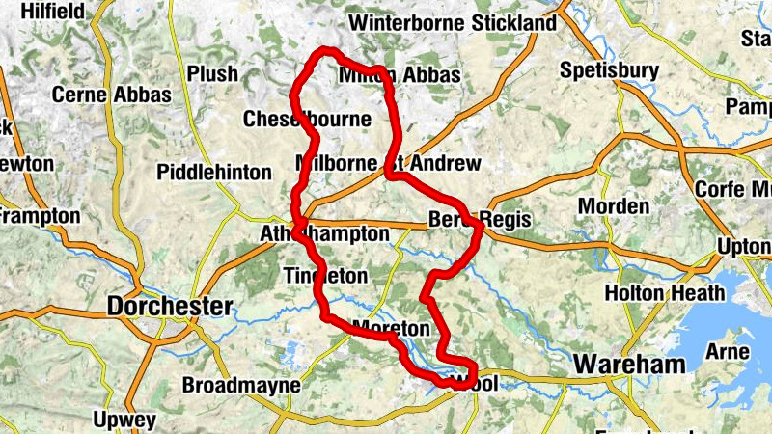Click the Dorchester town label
point(170,307)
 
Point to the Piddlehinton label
point(214,173)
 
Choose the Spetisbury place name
point(609,70)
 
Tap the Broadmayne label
point(241,386)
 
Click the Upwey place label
point(124,420)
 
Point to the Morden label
point(613,206)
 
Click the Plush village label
point(212,74)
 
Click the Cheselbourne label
point(307,120)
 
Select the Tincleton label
point(326,276)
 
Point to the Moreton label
point(390,328)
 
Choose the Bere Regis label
point(480,219)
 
